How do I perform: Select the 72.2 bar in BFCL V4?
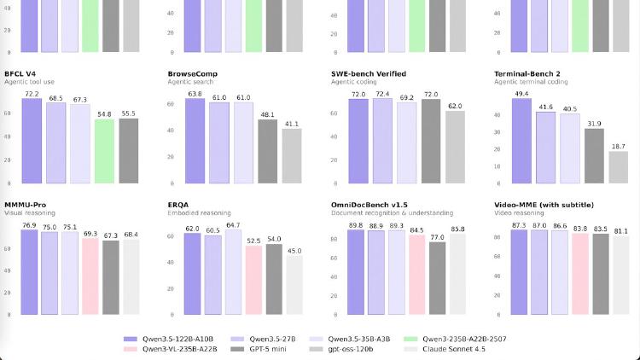tap(32, 141)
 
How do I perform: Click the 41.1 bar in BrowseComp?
tap(292, 155)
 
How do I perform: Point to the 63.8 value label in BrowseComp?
tap(195, 94)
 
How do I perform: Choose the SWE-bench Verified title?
tap(369, 74)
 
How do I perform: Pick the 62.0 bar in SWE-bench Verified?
tap(455, 147)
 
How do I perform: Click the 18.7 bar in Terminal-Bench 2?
tap(619, 167)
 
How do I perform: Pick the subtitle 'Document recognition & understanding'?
tap(392, 212)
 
